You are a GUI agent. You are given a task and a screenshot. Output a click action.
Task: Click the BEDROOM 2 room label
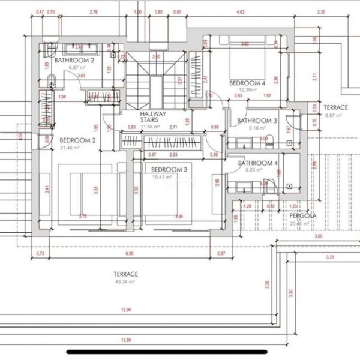[77, 141]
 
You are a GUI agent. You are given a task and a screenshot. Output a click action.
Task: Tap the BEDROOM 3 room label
[169, 170]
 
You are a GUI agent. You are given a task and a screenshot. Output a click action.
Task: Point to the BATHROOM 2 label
[74, 61]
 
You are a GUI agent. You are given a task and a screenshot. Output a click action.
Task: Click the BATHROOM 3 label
[257, 121]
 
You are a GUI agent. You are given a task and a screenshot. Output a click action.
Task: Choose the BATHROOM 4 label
[257, 163]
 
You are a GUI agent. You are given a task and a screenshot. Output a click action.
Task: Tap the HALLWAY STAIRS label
[153, 117]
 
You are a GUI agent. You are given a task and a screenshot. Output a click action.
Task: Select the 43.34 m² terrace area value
[124, 281]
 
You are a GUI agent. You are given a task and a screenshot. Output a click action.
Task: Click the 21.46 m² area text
[70, 148]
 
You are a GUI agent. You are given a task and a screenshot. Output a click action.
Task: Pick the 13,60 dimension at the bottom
[125, 340]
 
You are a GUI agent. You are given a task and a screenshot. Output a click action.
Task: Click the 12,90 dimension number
[125, 310]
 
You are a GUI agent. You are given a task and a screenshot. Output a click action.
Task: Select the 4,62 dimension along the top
[241, 11]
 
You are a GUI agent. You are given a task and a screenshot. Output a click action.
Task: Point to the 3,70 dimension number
[329, 257]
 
